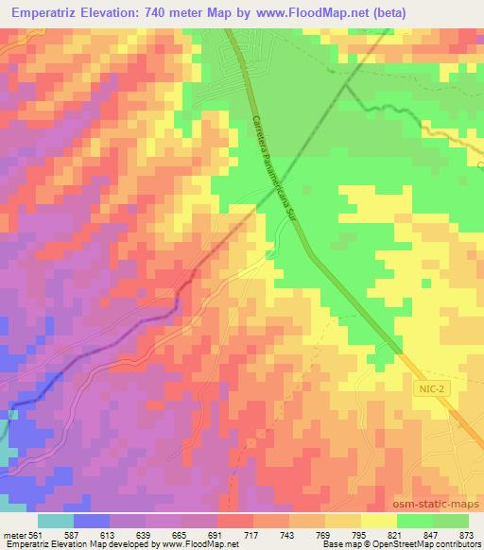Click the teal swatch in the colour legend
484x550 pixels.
coord(55,520)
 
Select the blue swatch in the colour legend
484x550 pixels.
coord(91,520)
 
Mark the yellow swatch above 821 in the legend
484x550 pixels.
coord(378,520)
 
